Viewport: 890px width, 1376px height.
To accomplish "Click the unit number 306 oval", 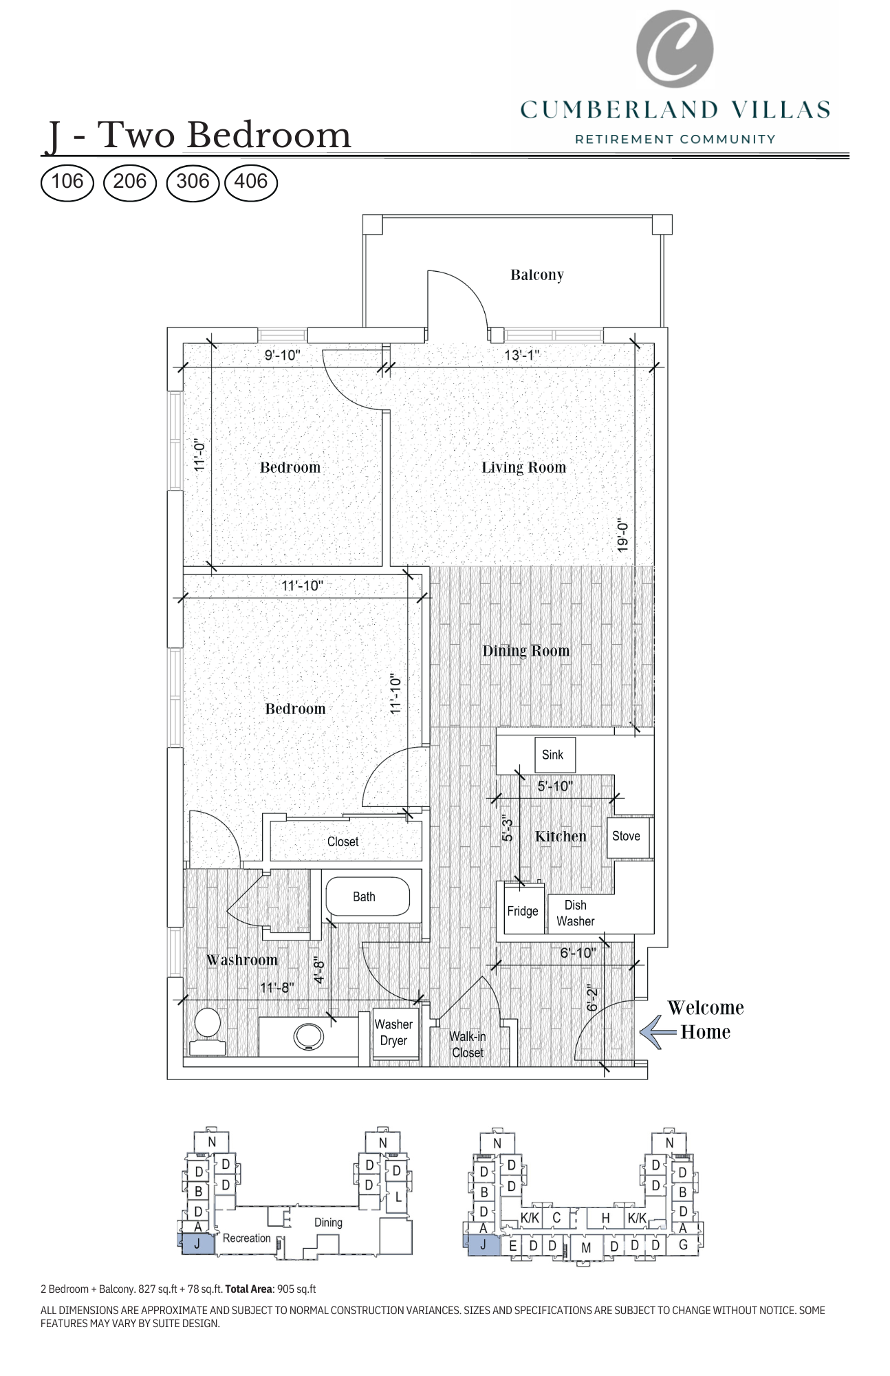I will (x=193, y=182).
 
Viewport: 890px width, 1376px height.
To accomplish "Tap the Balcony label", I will (x=536, y=275).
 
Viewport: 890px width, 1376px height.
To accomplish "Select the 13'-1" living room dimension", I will (x=521, y=355).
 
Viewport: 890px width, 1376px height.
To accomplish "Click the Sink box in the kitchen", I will (x=554, y=755).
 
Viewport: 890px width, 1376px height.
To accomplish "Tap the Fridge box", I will (x=523, y=911).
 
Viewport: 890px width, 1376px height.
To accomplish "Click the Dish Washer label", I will (x=576, y=913).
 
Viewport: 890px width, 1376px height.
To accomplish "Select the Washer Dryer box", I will (x=394, y=1033).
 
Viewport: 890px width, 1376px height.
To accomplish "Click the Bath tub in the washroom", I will (x=367, y=896).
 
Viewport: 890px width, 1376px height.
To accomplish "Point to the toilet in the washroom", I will (x=207, y=1030).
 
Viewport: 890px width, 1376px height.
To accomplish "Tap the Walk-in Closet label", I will (x=468, y=1044).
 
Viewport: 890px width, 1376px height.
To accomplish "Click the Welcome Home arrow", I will (x=657, y=1032).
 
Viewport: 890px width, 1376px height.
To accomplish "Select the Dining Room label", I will (x=525, y=651).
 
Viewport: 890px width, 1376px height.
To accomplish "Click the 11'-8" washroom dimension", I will (x=277, y=987).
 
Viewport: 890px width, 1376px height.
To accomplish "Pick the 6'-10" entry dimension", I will (x=578, y=953).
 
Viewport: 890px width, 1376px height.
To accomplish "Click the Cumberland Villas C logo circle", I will (x=674, y=48).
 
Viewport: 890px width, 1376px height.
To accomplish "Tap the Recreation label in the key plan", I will (x=246, y=1238).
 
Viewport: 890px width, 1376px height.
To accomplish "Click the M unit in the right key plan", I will (x=586, y=1247).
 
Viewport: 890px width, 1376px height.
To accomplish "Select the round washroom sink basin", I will (x=308, y=1036).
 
